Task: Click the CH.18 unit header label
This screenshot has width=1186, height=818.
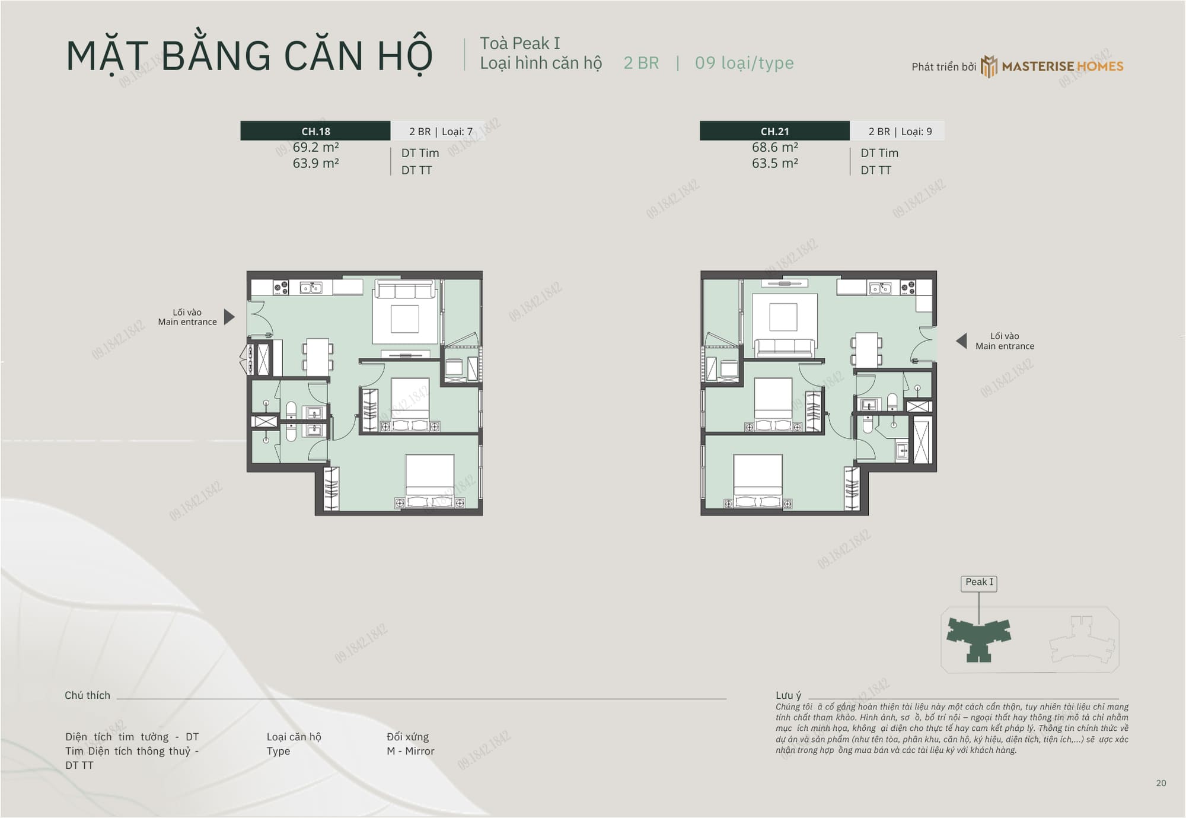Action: pyautogui.click(x=315, y=131)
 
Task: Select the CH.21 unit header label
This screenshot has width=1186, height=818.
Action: pyautogui.click(x=774, y=131)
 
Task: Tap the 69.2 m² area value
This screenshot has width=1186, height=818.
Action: pyautogui.click(x=315, y=147)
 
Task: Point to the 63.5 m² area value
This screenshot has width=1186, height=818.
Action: pyautogui.click(x=774, y=163)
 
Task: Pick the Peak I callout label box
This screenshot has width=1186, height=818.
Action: pyautogui.click(x=979, y=583)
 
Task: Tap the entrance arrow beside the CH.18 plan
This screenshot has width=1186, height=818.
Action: pyautogui.click(x=229, y=317)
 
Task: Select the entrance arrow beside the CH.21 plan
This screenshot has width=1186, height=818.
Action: pyautogui.click(x=961, y=341)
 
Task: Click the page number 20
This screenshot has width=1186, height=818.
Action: pyautogui.click(x=1161, y=783)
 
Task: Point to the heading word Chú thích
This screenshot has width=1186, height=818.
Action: pyautogui.click(x=87, y=695)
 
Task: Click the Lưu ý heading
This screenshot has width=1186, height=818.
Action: pyautogui.click(x=788, y=695)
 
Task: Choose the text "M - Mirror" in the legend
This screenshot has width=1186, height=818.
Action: pyautogui.click(x=410, y=751)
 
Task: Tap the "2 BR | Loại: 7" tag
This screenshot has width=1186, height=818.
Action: pyautogui.click(x=441, y=132)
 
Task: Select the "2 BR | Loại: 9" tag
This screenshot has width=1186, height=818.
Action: pyautogui.click(x=900, y=132)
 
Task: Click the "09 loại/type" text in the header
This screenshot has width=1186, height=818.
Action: pyautogui.click(x=744, y=63)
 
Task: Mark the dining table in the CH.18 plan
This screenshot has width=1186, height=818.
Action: pyautogui.click(x=318, y=357)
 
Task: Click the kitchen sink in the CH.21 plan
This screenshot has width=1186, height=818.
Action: pyautogui.click(x=881, y=288)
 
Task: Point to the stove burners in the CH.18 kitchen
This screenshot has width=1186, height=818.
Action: pyautogui.click(x=280, y=288)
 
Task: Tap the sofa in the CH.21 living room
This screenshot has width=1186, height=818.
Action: pyautogui.click(x=784, y=348)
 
